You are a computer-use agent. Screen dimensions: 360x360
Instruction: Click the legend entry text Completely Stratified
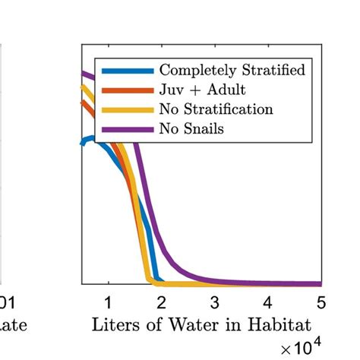tap(232, 71)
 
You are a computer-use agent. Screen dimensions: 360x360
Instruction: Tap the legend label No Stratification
tap(216, 109)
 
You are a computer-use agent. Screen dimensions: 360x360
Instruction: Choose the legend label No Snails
tap(191, 128)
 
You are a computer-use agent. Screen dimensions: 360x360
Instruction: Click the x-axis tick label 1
tap(108, 302)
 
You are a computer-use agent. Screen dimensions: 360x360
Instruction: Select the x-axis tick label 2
tap(161, 302)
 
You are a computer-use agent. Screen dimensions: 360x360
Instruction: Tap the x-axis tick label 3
tap(214, 302)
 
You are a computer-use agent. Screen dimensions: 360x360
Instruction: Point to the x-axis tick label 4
tap(267, 302)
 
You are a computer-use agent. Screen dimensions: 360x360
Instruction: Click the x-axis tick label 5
tap(321, 302)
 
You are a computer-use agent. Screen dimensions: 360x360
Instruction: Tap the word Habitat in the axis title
tap(284, 326)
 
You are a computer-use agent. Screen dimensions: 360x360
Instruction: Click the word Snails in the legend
tap(204, 128)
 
